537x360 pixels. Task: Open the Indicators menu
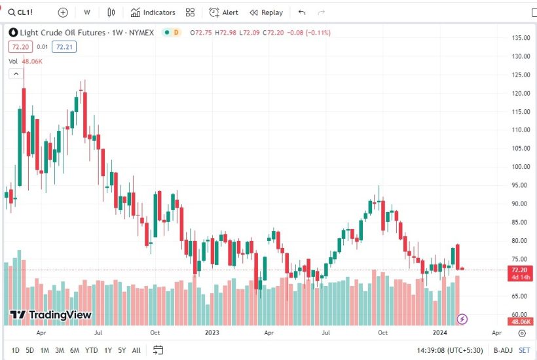[153, 12]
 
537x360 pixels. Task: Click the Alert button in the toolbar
[224, 12]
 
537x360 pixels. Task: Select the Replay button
[266, 12]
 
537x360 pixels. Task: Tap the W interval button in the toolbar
[87, 12]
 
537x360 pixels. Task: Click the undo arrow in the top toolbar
[301, 12]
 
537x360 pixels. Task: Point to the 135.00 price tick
[521, 38]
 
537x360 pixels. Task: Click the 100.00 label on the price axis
[521, 166]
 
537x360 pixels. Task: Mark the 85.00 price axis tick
[521, 222]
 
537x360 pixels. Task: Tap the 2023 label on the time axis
[212, 333]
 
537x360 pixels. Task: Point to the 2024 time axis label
[439, 333]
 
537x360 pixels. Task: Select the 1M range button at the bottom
[45, 351]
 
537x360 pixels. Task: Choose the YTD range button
[92, 351]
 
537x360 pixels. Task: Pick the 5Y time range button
[122, 351]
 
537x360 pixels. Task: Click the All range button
[136, 351]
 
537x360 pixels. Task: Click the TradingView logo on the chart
[50, 315]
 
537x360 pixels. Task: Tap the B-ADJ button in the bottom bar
[503, 351]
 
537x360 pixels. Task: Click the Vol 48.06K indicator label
[26, 61]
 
